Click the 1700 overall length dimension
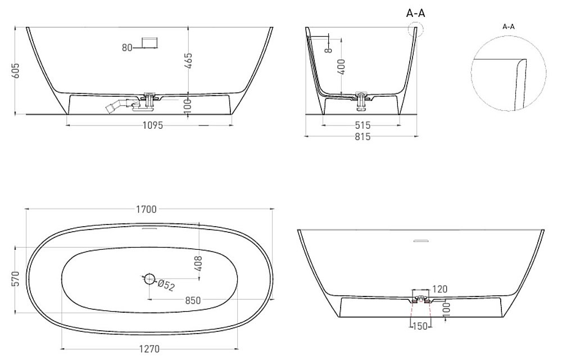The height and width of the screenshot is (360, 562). click(x=146, y=209)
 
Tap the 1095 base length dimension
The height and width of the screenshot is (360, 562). click(x=153, y=125)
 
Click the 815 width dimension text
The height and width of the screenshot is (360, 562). click(x=362, y=137)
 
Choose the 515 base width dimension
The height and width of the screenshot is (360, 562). click(x=362, y=125)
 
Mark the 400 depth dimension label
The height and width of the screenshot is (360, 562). click(x=341, y=67)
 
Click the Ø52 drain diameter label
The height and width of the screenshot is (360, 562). click(x=166, y=286)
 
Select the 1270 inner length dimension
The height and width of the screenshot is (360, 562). click(x=149, y=349)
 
